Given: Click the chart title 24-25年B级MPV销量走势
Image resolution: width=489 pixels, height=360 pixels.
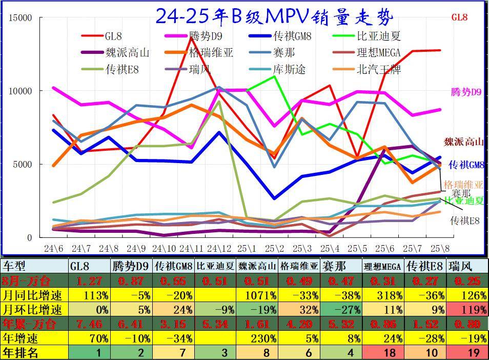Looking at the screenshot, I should pyautogui.click(x=274, y=16).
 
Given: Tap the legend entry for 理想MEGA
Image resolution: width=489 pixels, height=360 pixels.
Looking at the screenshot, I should pyautogui.click(x=378, y=53).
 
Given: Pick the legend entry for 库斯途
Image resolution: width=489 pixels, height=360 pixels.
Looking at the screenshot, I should pyautogui.click(x=290, y=69).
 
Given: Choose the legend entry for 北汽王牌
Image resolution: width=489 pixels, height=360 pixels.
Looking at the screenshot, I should pyautogui.click(x=378, y=69).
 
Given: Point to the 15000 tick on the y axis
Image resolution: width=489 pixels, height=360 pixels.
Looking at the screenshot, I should pyautogui.click(x=21, y=18).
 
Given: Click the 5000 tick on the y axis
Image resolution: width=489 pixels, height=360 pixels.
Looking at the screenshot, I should pyautogui.click(x=23, y=165).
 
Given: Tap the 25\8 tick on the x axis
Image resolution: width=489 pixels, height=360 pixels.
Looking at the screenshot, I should pyautogui.click(x=439, y=249).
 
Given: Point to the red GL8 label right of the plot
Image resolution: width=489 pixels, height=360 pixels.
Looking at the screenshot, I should pyautogui.click(x=459, y=17).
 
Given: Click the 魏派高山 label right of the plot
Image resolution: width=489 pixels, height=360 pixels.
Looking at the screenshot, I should pyautogui.click(x=463, y=142).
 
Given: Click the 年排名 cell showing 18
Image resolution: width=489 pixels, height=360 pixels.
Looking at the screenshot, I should pyautogui.click(x=384, y=353).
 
